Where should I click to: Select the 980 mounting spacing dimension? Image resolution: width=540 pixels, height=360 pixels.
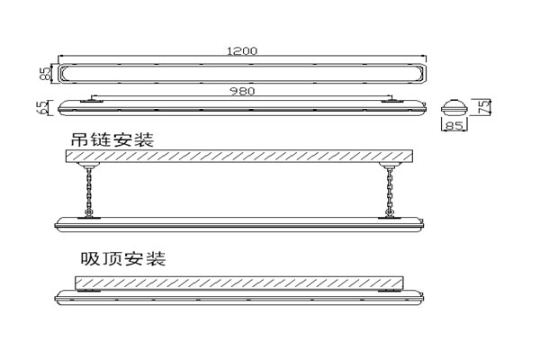(x=240, y=90)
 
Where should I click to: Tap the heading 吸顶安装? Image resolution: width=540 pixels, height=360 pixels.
(x=122, y=259)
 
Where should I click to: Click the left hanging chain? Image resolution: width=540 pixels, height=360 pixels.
(x=88, y=191)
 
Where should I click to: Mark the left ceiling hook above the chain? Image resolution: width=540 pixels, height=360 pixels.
(x=88, y=168)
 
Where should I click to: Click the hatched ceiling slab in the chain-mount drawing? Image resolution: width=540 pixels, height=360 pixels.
(x=238, y=157)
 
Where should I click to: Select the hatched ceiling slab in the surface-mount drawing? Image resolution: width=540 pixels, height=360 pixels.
(x=238, y=283)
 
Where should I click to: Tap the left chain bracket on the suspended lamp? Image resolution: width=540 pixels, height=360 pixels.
(x=88, y=215)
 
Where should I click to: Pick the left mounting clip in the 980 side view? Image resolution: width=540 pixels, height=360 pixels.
(x=91, y=101)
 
